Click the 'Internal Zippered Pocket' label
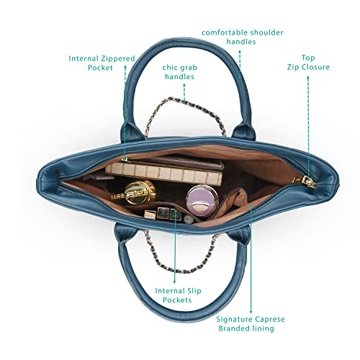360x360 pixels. coord(102,63)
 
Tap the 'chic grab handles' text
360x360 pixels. coord(179,72)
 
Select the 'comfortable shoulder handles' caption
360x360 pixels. coord(242,37)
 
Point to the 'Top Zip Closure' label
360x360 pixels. coord(308,63)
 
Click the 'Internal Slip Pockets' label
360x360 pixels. coord(178,295)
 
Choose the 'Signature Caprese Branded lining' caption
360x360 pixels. coord(250,324)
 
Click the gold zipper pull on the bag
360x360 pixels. coord(308,181)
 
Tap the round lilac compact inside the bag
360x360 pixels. coord(202,201)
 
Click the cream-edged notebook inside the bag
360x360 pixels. coord(164,174)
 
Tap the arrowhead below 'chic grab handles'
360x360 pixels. coord(184,85)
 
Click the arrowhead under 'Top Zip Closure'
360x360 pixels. coord(308,77)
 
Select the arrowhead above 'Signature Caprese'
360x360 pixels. coord(251,312)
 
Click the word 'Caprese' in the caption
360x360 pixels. coord(270,320)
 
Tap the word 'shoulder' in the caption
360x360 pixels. coord(266,32)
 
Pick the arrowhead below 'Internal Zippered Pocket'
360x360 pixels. coord(125,67)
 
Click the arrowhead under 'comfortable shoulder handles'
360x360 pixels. coord(240,51)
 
